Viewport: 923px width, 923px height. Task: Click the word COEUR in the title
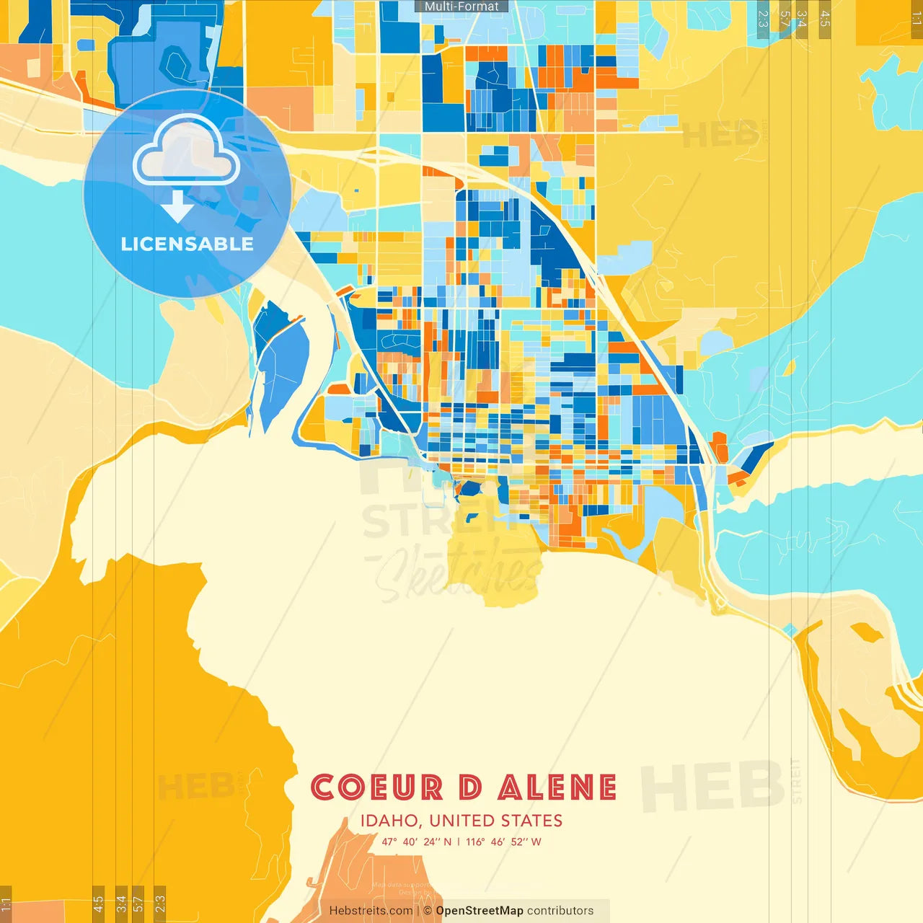376,787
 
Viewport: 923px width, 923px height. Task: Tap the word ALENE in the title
557,787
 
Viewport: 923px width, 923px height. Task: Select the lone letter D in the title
470,787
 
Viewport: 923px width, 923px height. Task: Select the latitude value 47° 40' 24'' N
417,842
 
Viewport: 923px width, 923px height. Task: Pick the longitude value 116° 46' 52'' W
503,842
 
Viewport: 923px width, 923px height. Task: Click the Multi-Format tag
461,6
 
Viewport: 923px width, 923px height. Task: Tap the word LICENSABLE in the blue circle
187,244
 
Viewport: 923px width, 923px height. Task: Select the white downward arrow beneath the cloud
177,206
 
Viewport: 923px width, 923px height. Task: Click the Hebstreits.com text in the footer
371,911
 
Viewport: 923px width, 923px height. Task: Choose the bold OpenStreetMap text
479,911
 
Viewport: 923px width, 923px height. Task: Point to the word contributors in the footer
560,911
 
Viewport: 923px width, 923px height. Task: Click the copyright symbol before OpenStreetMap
428,911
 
